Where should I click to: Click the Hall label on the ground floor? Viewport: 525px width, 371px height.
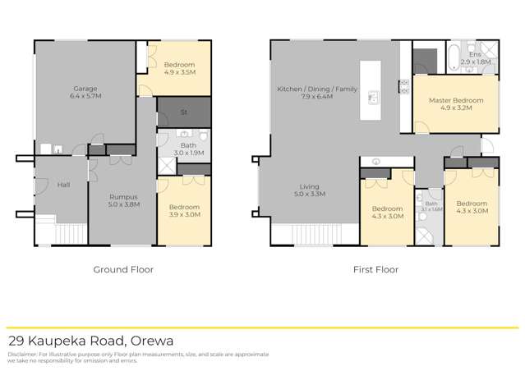[x=63, y=185]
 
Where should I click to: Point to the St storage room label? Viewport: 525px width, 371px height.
[x=184, y=112]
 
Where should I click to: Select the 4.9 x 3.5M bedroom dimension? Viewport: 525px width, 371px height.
[x=179, y=73]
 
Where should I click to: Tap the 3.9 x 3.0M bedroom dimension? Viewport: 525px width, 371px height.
[x=183, y=214]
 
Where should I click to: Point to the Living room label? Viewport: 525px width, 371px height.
[x=311, y=185]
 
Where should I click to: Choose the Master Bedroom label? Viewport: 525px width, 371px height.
[x=456, y=100]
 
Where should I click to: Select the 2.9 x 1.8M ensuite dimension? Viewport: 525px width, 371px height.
[x=474, y=62]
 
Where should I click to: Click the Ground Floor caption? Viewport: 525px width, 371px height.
[x=124, y=269]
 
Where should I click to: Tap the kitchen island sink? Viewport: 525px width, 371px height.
[x=371, y=97]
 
